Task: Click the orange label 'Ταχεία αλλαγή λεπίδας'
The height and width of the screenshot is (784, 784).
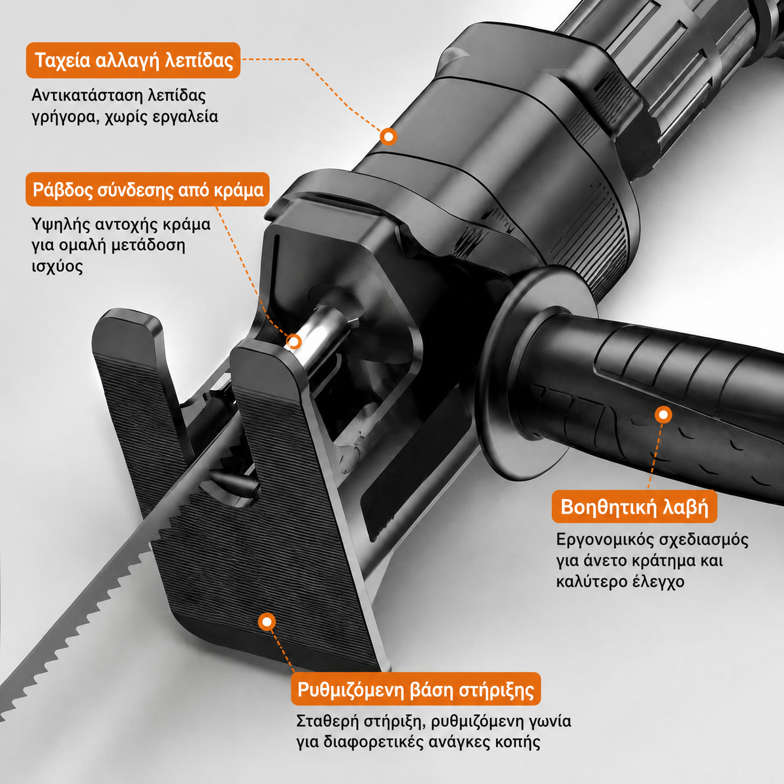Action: (133, 60)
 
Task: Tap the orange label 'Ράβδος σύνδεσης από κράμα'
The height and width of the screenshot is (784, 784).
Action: (148, 189)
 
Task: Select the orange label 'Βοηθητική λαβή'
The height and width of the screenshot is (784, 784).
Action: (634, 507)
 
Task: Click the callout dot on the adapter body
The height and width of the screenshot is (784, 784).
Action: (389, 137)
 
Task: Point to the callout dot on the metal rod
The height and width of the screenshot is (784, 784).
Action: (293, 342)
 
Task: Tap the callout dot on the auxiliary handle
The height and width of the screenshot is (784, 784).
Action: (664, 415)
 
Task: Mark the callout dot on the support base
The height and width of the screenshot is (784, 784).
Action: (267, 622)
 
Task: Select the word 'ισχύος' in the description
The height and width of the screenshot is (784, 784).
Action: (57, 267)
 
